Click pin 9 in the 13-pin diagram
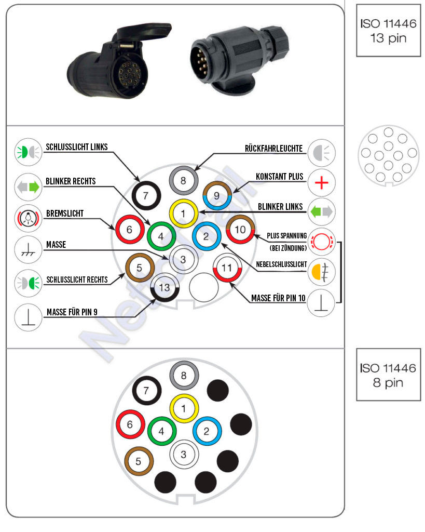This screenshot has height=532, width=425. [x=217, y=195]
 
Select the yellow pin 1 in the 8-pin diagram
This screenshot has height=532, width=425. [x=184, y=408]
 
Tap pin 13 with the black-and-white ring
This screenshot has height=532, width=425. [x=164, y=288]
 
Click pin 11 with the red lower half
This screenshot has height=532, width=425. [x=227, y=268]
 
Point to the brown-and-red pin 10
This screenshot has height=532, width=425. [x=240, y=229]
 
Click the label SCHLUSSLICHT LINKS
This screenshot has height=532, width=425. [x=77, y=147]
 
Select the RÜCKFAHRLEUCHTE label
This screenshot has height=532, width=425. [x=273, y=148]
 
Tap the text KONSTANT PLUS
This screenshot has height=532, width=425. [x=279, y=177]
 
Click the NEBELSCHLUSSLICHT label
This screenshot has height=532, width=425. [x=281, y=264]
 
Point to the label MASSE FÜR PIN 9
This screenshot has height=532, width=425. [x=72, y=312]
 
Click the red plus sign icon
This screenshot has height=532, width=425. [x=321, y=183]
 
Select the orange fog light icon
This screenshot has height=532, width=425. [x=321, y=271]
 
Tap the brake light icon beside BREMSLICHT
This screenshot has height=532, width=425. [x=28, y=218]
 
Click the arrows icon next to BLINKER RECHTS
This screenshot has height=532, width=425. [x=28, y=187]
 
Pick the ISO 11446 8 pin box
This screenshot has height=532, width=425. [x=388, y=375]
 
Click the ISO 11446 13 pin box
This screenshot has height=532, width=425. [x=388, y=31]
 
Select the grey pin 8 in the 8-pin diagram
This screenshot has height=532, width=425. [x=184, y=376]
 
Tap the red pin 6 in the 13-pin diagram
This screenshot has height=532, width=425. [x=130, y=229]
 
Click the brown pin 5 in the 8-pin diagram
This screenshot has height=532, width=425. [x=139, y=461]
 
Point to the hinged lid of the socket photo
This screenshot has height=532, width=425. [x=142, y=34]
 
